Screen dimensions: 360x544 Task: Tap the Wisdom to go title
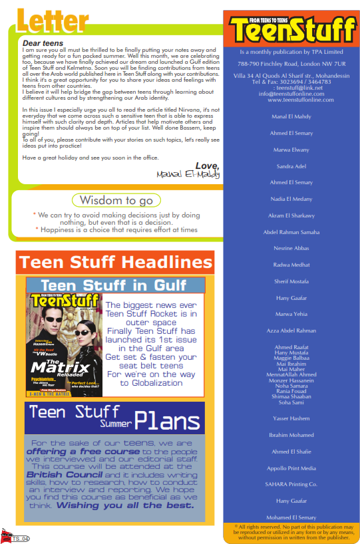tap(116, 200)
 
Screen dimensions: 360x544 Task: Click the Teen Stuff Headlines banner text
tap(116, 262)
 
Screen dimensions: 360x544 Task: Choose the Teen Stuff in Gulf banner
tap(115, 285)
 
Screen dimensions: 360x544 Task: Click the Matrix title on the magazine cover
tap(60, 366)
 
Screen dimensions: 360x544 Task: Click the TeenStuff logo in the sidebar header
tap(291, 30)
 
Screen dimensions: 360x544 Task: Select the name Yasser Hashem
tap(291, 418)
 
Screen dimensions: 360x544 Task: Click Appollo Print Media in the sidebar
tap(291, 468)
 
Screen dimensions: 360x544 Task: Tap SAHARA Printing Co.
tap(291, 484)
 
